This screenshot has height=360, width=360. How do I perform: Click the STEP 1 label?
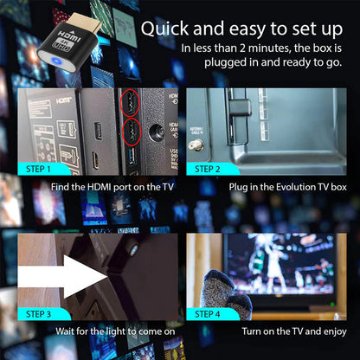[x=38, y=169]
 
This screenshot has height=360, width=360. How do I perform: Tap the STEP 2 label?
[x=208, y=169]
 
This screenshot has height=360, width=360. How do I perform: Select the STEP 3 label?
[x=38, y=314]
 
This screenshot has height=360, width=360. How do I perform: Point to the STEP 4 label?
[x=208, y=314]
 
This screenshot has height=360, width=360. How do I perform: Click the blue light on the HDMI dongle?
[x=56, y=61]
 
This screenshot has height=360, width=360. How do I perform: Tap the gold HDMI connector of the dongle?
[x=84, y=22]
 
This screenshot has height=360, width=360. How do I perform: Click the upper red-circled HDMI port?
[x=130, y=103]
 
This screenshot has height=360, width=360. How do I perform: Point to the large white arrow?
[x=62, y=276]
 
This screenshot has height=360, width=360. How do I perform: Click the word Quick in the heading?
[x=164, y=29]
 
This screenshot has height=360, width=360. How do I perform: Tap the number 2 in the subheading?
[x=242, y=48]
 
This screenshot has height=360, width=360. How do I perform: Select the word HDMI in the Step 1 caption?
[x=100, y=187]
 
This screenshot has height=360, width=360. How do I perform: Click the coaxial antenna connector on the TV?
[x=196, y=145]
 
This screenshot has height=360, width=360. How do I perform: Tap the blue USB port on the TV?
[x=132, y=156]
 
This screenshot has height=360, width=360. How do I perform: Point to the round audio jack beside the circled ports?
[x=156, y=132]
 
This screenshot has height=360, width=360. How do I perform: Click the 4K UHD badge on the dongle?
[x=61, y=44]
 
